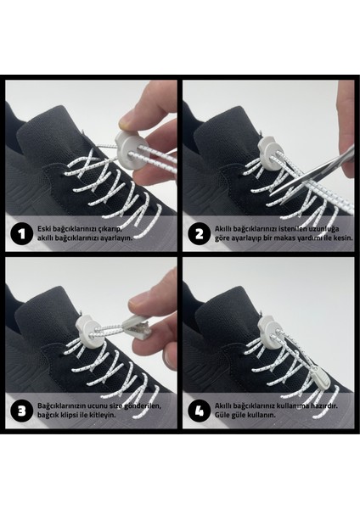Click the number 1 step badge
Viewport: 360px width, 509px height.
pos(21,234)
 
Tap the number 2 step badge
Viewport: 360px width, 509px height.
pos(200,234)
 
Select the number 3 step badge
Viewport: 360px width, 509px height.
pos(21,411)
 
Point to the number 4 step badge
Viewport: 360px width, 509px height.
pos(200,411)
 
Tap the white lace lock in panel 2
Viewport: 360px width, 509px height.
pos(270,154)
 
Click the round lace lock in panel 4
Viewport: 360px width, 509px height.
pos(268,331)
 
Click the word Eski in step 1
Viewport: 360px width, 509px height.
pos(43,229)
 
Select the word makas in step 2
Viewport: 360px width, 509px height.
pos(284,238)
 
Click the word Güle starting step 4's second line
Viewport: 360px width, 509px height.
pos(222,415)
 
